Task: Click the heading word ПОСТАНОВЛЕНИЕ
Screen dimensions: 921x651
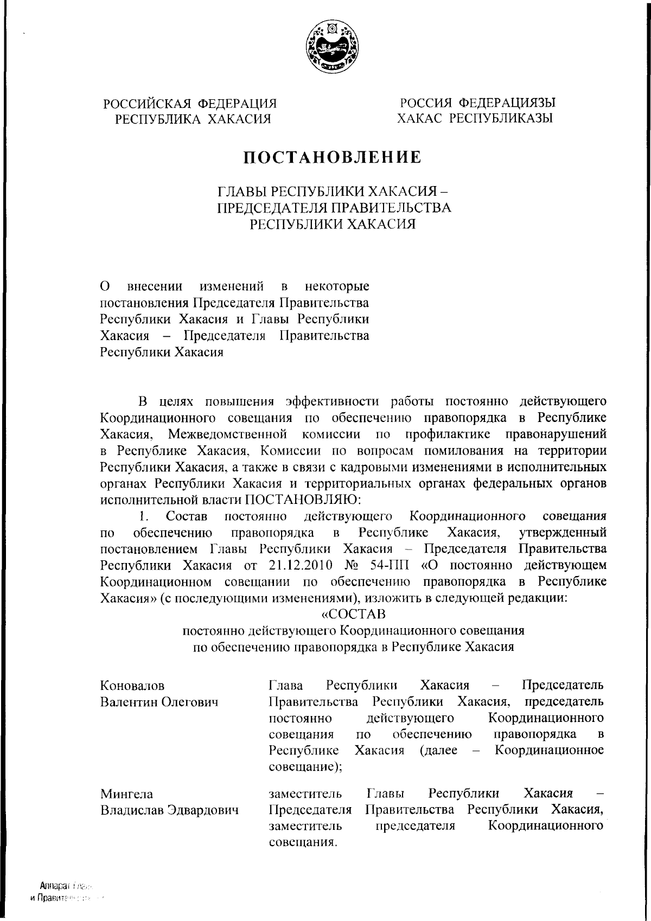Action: click(331, 157)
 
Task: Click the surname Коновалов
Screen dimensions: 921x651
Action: click(132, 686)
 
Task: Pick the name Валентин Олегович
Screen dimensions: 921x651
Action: click(159, 702)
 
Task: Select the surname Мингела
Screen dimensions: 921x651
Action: click(127, 794)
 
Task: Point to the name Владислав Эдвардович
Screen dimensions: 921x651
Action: click(170, 810)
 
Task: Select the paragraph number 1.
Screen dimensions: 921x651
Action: click(143, 515)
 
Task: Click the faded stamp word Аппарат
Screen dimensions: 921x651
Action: click(53, 885)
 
